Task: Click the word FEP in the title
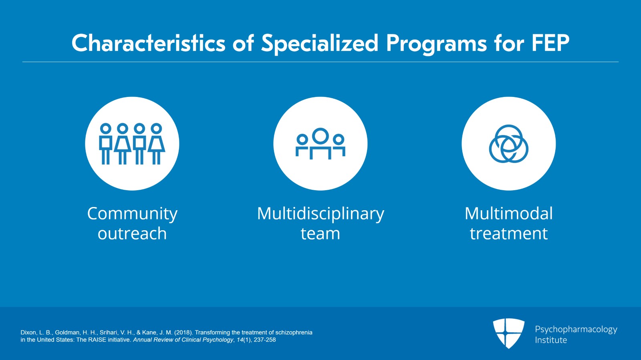(x=551, y=43)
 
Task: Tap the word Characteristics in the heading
(x=149, y=43)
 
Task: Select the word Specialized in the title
(x=320, y=44)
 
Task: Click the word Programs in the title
(x=436, y=45)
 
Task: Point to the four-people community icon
(x=132, y=144)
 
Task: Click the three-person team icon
(x=320, y=143)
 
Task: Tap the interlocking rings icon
(x=508, y=143)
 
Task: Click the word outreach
(x=132, y=233)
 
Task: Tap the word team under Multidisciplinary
(x=320, y=233)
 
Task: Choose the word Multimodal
(x=508, y=213)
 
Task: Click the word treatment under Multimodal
(x=508, y=233)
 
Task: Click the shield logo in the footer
(x=508, y=333)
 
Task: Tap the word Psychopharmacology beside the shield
(x=576, y=330)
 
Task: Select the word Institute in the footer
(x=551, y=340)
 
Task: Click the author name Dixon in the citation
(x=28, y=332)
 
